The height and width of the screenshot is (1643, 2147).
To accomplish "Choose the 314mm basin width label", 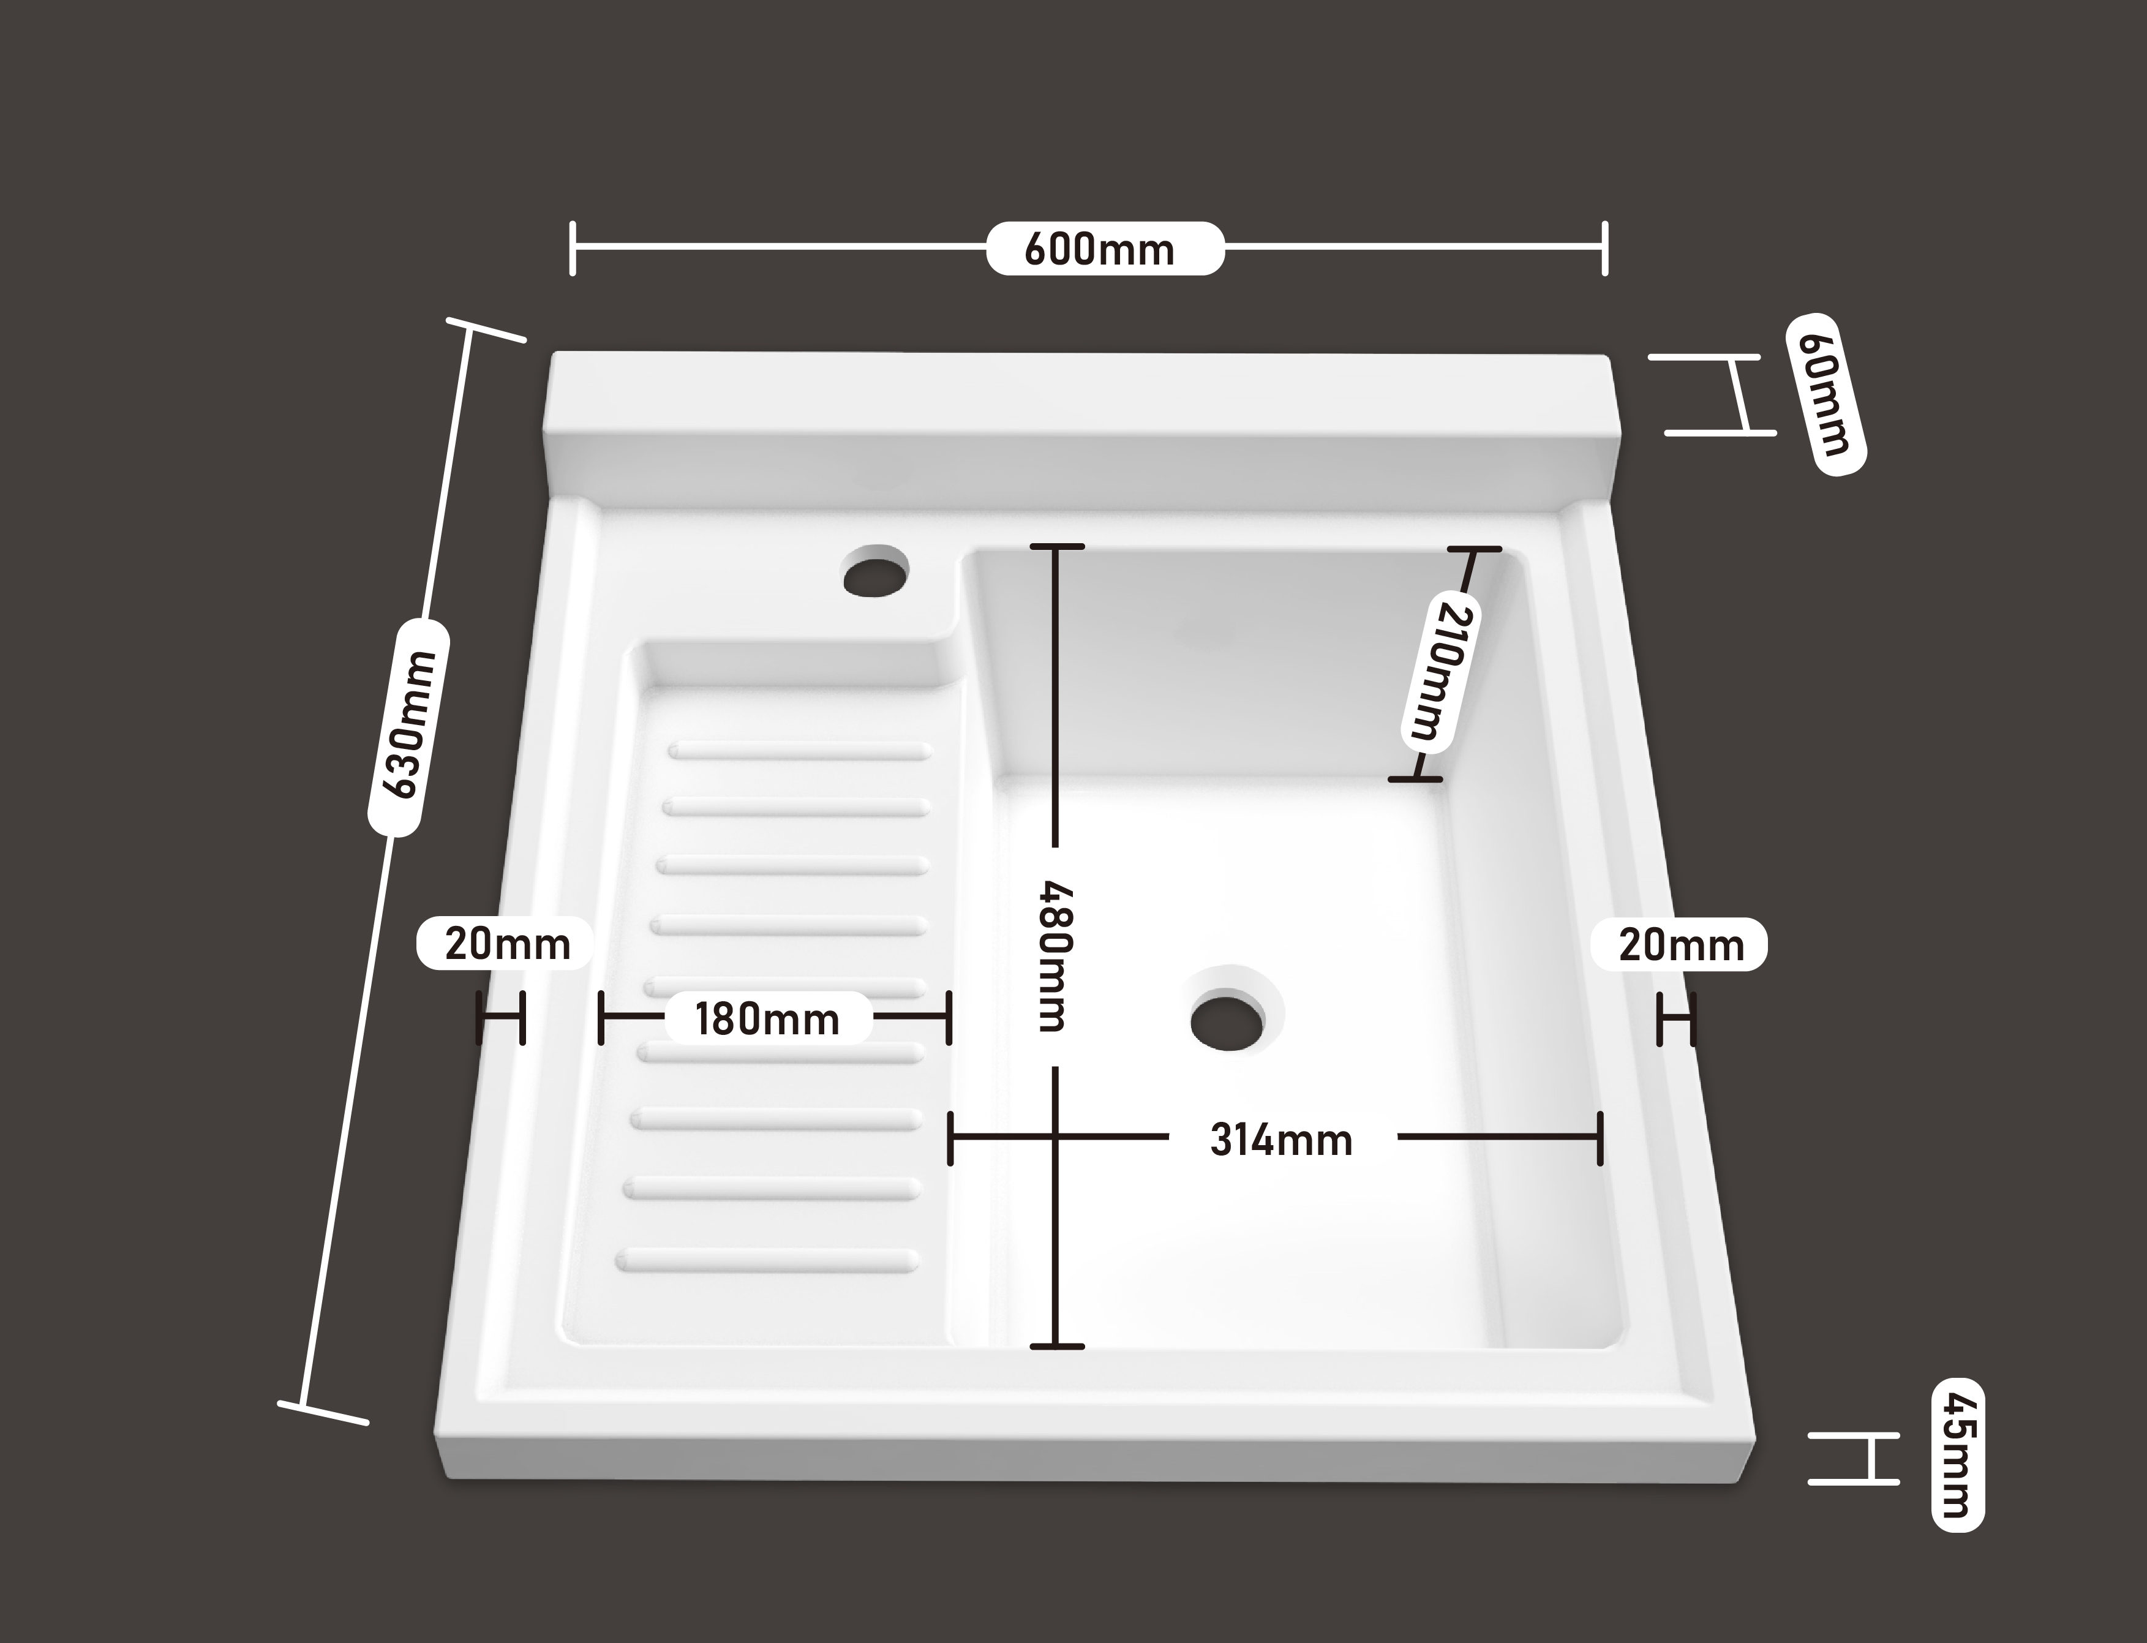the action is pos(1281,1140).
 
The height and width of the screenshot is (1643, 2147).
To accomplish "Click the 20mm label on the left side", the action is pos(506,944).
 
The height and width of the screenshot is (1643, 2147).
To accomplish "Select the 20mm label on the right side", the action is pos(1680,945).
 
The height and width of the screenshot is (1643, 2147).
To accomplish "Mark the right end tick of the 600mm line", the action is pos(1604,249).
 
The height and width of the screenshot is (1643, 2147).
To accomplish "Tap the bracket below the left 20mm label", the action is pos(501,1018).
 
